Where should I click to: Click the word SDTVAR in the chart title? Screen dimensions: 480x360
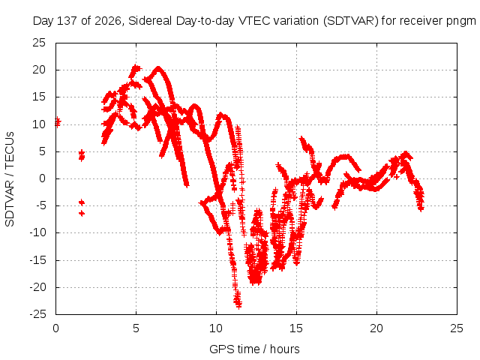(351, 21)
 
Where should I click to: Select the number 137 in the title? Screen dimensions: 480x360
(67, 21)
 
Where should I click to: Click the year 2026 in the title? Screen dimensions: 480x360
(108, 21)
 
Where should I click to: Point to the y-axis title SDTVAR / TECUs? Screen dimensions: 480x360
(10, 179)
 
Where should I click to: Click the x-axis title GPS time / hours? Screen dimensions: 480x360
(254, 349)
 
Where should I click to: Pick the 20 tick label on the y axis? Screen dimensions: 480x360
(39, 70)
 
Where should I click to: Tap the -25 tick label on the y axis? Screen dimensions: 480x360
(37, 314)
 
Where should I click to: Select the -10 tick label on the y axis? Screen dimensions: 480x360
(37, 232)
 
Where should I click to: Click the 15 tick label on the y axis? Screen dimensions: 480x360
(39, 97)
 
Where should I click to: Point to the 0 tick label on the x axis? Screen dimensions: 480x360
(55, 328)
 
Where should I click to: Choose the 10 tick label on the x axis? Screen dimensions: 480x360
(216, 328)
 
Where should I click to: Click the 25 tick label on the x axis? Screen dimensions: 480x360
(457, 328)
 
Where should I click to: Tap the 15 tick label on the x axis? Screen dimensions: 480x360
(296, 328)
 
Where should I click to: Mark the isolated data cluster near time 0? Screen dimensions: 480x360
(58, 122)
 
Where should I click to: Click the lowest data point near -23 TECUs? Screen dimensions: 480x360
(238, 305)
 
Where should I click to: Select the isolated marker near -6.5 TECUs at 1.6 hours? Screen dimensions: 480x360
(82, 213)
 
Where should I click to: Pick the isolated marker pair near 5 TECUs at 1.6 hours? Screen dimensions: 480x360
(82, 155)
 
